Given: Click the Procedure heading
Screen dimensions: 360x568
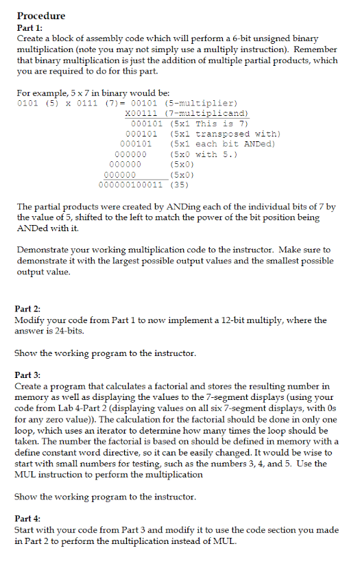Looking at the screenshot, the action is (40, 16).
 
